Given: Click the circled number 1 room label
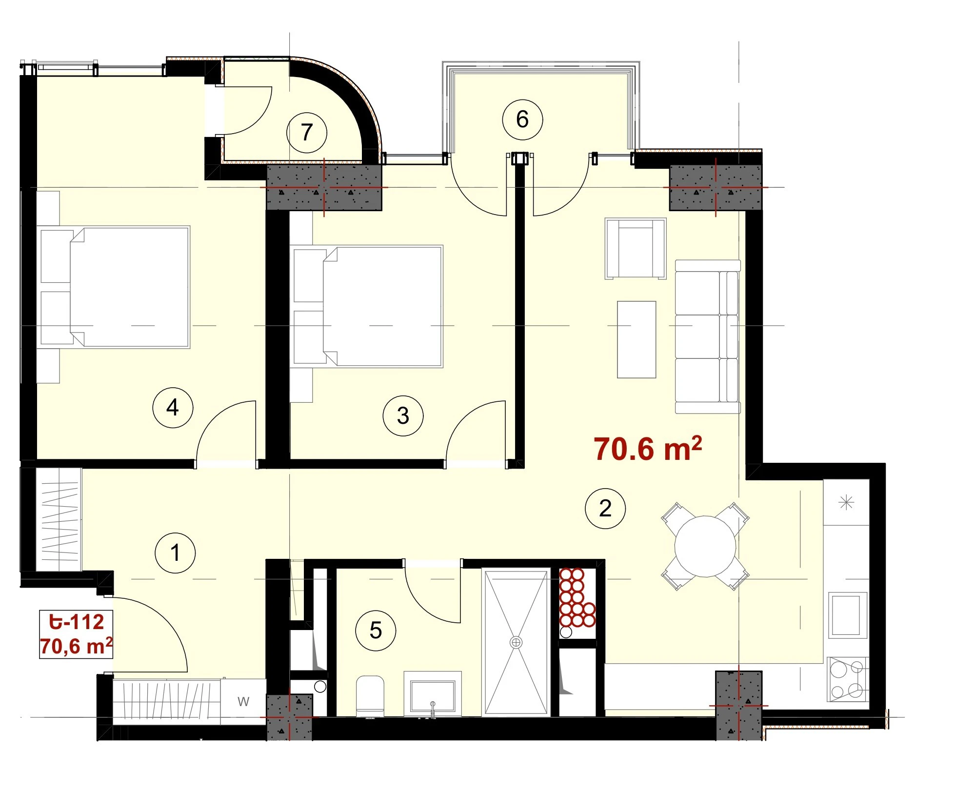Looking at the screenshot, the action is [175, 553].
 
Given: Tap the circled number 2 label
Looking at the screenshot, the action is [605, 509].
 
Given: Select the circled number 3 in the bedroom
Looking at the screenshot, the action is [403, 416].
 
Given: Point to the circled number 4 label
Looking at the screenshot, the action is [173, 408].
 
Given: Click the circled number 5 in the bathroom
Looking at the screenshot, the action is [376, 631].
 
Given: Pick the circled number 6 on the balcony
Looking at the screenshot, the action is [522, 119].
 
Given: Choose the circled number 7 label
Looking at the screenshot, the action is [306, 132].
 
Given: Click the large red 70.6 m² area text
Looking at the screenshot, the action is [648, 449].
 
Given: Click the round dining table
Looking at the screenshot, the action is [705, 546].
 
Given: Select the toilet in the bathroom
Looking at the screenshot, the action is [370, 696].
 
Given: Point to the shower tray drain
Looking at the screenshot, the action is [516, 642].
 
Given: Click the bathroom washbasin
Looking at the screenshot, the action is [433, 694].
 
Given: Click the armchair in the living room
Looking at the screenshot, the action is [636, 249].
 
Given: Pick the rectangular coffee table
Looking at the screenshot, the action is [636, 339].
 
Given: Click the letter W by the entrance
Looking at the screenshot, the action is [243, 701].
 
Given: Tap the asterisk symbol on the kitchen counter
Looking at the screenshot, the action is [846, 502].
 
